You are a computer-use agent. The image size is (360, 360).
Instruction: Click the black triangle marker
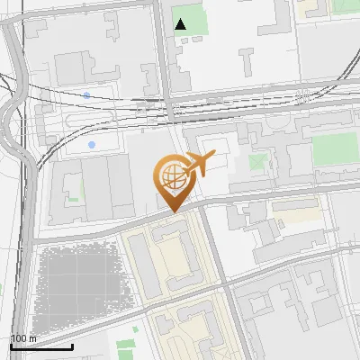coord(181,24)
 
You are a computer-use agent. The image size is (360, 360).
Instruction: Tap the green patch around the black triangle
coord(191,20)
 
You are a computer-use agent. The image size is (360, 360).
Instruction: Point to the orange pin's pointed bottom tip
coord(172,211)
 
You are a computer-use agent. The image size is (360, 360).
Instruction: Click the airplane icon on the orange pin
coord(198,165)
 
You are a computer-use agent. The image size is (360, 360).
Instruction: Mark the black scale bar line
coord(41,346)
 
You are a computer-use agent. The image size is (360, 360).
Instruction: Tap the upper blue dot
coord(86,94)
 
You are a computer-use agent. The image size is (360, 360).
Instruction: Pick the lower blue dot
coord(92,144)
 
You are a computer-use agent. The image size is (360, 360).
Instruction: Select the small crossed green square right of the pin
coord(258,163)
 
